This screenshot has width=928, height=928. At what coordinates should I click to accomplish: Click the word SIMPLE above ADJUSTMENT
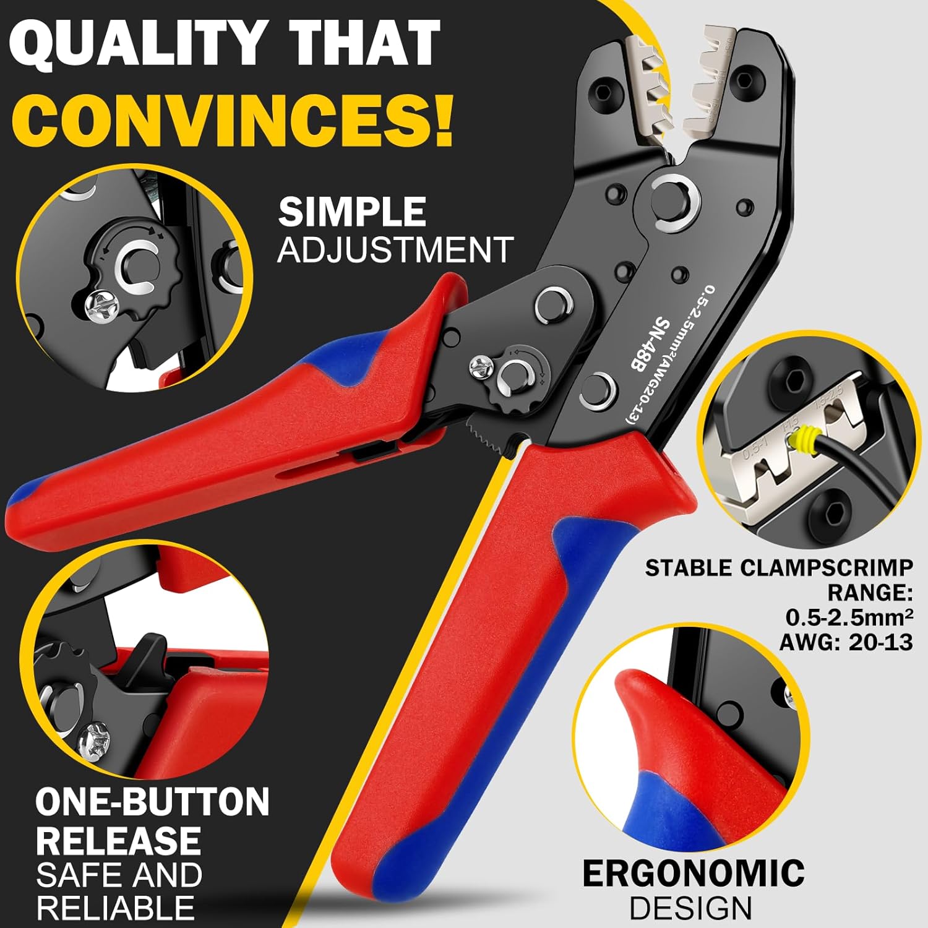click(352, 212)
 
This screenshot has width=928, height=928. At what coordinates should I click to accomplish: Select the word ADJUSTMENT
click(395, 250)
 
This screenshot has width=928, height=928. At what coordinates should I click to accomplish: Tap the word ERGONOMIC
click(694, 874)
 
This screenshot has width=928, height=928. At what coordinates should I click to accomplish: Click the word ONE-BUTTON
click(152, 802)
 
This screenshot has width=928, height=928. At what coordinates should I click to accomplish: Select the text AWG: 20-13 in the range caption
click(846, 642)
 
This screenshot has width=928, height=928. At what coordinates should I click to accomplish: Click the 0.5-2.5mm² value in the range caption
click(849, 617)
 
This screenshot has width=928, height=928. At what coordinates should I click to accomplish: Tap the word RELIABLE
click(115, 908)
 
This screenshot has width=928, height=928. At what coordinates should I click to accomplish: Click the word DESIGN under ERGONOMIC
click(690, 908)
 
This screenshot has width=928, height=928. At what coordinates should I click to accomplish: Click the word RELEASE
click(118, 841)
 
